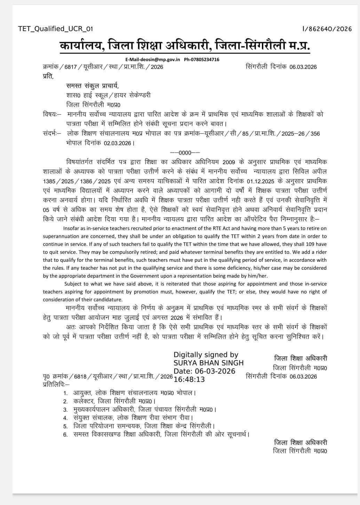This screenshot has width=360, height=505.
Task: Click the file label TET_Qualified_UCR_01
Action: [55, 29]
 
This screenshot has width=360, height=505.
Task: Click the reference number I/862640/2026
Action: [327, 29]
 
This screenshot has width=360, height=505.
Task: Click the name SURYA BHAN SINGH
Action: [209, 363]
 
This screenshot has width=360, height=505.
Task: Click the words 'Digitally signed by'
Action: [206, 355]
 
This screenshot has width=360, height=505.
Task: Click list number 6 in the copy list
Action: [65, 435]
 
